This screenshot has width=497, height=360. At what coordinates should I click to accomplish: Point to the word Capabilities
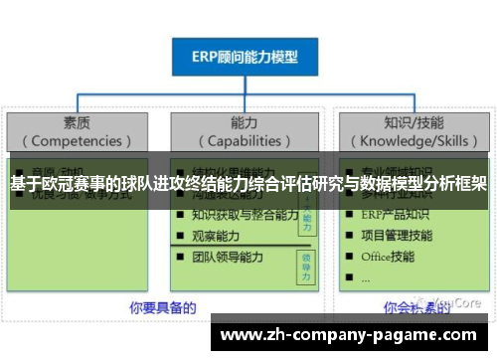[x=245, y=141]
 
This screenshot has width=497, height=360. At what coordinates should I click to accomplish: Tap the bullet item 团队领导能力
[x=228, y=257]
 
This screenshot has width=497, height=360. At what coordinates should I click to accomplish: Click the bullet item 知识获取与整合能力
[x=245, y=215]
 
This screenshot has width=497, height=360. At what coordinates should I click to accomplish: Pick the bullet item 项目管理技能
[x=397, y=236]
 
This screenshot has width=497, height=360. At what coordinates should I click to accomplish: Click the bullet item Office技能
[x=389, y=257]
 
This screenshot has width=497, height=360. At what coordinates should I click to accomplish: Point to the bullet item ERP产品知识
[x=397, y=215]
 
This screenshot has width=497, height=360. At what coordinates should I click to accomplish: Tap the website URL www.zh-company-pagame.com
[x=347, y=335]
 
